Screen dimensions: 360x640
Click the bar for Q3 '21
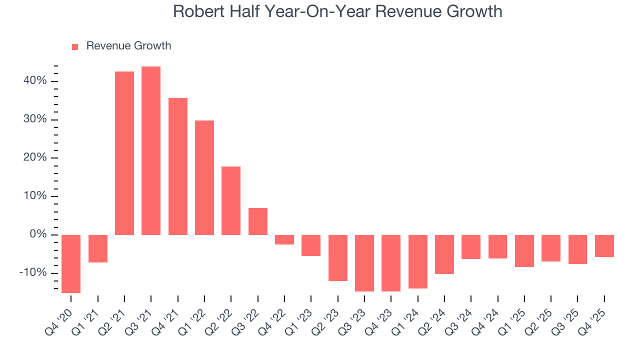151,150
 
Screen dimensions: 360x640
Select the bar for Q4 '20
71,263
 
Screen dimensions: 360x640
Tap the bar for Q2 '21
124,153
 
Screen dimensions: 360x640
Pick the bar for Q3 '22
258,221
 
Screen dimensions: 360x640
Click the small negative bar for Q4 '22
284,239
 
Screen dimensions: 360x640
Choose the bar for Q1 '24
418,261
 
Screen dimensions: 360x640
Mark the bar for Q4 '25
604,246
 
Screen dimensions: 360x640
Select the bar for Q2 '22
231,200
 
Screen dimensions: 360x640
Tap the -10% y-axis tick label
33,273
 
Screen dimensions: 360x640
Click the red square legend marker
75,46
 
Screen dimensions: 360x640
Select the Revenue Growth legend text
128,46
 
